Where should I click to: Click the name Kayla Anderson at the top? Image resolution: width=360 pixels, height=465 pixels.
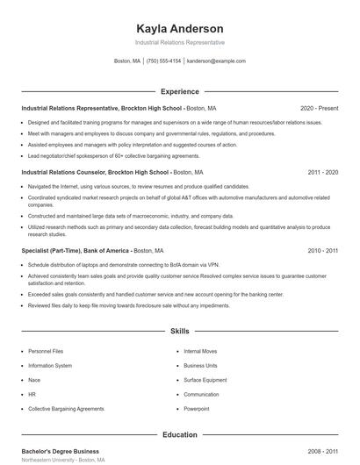pos(179,28)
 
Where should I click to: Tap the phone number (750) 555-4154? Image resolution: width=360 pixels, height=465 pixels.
pos(164,61)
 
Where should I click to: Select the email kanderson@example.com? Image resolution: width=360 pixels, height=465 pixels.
pos(216,61)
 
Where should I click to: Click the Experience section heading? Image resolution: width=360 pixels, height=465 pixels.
pos(179,91)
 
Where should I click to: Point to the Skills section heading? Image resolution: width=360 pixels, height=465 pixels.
pos(179,331)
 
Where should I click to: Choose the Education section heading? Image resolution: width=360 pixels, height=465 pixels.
pos(179,433)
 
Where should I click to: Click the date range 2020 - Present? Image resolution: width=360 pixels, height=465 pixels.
pos(319,109)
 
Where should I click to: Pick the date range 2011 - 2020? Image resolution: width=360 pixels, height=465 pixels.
pos(322,173)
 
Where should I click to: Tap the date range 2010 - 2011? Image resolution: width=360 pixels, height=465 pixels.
pos(322,250)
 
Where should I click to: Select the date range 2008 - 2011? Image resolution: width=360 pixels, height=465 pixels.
pos(322,451)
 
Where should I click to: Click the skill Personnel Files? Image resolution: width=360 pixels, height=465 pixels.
pos(46,351)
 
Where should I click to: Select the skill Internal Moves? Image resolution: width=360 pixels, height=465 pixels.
pos(200,351)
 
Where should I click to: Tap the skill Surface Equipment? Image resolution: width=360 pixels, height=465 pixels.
pos(204,380)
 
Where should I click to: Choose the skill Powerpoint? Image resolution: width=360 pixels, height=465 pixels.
pos(197,409)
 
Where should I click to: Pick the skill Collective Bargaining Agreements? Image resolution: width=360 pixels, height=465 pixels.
pos(66,409)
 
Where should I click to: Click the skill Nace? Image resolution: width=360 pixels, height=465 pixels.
pos(35,380)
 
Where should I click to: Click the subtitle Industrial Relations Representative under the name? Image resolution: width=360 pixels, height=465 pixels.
pos(179,42)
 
